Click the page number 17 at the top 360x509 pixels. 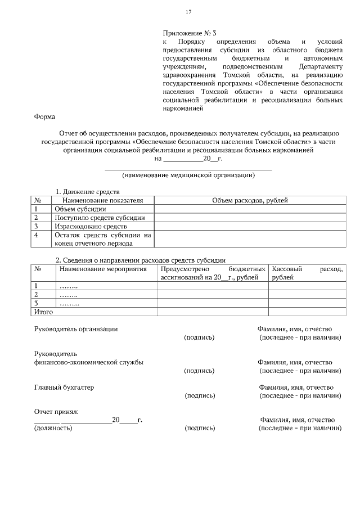pyautogui.click(x=189, y=12)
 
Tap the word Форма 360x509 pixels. pyautogui.click(x=44, y=116)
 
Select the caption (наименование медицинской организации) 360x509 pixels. pyautogui.click(x=188, y=175)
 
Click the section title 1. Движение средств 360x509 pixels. pyautogui.click(x=87, y=192)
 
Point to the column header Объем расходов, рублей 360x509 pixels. pyautogui.click(x=250, y=200)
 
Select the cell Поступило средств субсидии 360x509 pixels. pyautogui.click(x=100, y=217)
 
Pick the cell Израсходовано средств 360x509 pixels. pyautogui.click(x=90, y=226)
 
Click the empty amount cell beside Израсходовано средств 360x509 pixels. pyautogui.click(x=250, y=226)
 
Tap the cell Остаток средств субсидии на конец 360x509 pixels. pyautogui.click(x=102, y=239)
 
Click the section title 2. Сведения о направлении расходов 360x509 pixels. pyautogui.click(x=140, y=260)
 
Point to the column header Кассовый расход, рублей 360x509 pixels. pyautogui.click(x=307, y=273)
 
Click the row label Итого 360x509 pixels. pyautogui.click(x=44, y=311)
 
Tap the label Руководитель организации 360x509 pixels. pyautogui.click(x=76, y=328)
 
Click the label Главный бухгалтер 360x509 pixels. pyautogui.click(x=64, y=388)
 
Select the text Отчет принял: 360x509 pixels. pyautogui.click(x=56, y=412)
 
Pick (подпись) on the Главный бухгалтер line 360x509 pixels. pyautogui.click(x=200, y=396)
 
